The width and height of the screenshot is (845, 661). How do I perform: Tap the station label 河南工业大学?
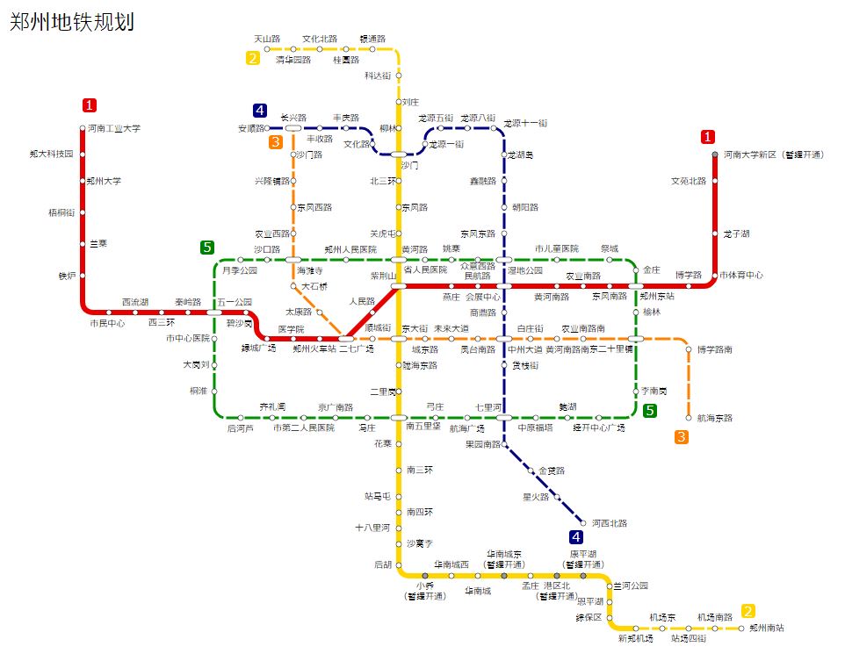click(x=113, y=128)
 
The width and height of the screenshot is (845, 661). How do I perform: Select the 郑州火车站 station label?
click(x=314, y=348)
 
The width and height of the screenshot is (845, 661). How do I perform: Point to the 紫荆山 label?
click(x=383, y=276)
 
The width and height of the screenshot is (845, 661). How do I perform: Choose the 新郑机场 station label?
click(x=635, y=638)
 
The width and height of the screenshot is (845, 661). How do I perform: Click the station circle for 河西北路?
click(x=583, y=523)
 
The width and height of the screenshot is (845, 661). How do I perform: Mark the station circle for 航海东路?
click(x=689, y=418)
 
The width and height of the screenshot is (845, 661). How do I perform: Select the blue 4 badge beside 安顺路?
click(x=260, y=111)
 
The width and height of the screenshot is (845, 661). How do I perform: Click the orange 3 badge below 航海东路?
click(x=682, y=437)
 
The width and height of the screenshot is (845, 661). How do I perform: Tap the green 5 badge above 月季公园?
click(x=207, y=248)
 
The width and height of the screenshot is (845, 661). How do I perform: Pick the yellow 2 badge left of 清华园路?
click(x=253, y=59)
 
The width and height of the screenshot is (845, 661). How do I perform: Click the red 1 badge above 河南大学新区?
click(x=708, y=137)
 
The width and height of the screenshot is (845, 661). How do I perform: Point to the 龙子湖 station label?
click(x=736, y=234)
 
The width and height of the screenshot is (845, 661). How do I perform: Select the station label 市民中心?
click(x=107, y=323)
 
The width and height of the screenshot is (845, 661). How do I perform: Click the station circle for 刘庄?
click(x=399, y=102)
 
